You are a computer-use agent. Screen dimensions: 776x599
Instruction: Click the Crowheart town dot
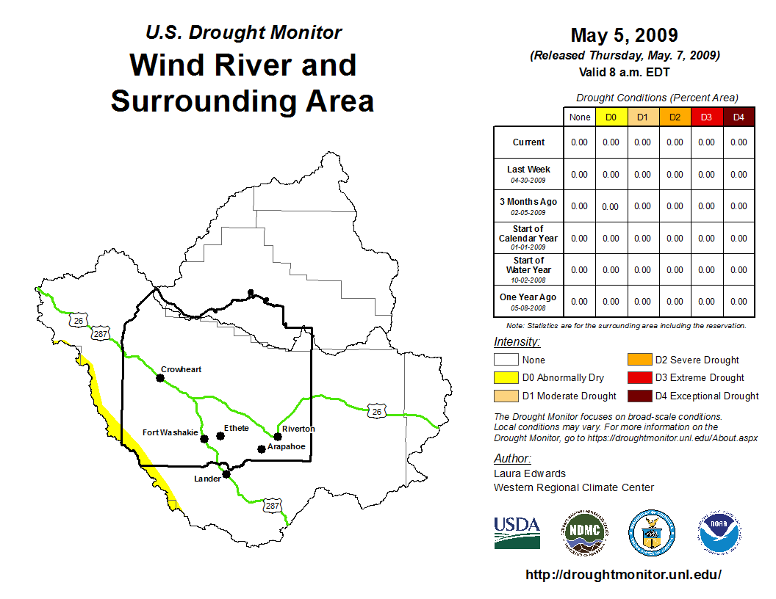pyautogui.click(x=160, y=378)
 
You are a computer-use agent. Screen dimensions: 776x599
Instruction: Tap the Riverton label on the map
pyautogui.click(x=298, y=429)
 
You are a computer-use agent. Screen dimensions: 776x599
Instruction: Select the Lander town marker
pyautogui.click(x=226, y=474)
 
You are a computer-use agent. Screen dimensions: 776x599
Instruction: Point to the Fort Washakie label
pyautogui.click(x=170, y=432)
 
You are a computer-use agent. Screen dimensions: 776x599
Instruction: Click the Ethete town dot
pyautogui.click(x=220, y=436)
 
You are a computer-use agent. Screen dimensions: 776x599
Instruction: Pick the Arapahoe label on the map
pyautogui.click(x=286, y=446)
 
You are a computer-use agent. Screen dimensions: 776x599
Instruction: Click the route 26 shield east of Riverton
pyautogui.click(x=377, y=411)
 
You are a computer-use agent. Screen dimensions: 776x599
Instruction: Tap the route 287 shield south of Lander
pyautogui.click(x=272, y=506)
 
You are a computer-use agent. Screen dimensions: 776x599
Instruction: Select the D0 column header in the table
pyautogui.click(x=611, y=117)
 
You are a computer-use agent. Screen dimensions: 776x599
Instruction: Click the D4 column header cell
pyautogui.click(x=739, y=117)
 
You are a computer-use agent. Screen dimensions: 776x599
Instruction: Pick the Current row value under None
pyautogui.click(x=580, y=142)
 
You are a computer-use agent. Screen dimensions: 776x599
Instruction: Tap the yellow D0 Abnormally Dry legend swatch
pyautogui.click(x=506, y=377)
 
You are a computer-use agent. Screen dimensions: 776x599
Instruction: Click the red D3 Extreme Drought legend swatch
pyautogui.click(x=639, y=377)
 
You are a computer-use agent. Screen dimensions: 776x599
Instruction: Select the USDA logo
pyautogui.click(x=517, y=533)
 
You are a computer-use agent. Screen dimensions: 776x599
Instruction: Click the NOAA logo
pyautogui.click(x=719, y=533)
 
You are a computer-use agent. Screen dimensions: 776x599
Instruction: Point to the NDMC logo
pyautogui.click(x=585, y=533)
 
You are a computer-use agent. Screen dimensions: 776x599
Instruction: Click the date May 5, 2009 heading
pyautogui.click(x=624, y=35)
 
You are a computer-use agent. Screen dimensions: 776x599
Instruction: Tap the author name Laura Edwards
pyautogui.click(x=530, y=473)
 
